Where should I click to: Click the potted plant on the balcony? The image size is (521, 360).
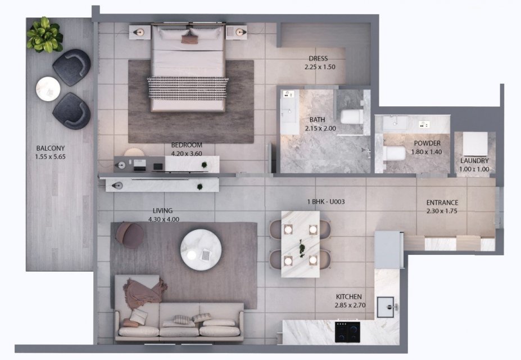[x=44, y=35]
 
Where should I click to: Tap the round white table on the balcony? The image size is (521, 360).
[x=48, y=89]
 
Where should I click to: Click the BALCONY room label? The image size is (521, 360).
[x=51, y=148]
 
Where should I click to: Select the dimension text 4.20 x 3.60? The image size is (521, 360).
[x=187, y=154]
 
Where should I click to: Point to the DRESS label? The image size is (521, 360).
[x=318, y=58]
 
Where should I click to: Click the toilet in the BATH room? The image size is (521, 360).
[x=351, y=117]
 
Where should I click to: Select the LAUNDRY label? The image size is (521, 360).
[x=474, y=160]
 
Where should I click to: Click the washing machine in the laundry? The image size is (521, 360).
[x=475, y=143]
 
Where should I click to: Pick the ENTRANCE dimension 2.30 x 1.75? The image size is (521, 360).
[x=442, y=211]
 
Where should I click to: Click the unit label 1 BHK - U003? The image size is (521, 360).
[x=326, y=201]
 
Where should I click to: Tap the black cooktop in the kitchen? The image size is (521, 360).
[x=347, y=332]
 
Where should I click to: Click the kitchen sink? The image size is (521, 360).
[x=386, y=307]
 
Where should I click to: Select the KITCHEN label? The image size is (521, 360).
[x=349, y=296]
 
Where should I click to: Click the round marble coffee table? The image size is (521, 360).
[x=201, y=250]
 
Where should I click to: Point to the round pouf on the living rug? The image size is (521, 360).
[x=130, y=235]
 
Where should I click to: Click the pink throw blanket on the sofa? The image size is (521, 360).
[x=144, y=291]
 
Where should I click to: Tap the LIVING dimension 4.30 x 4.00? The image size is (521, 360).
[x=164, y=219]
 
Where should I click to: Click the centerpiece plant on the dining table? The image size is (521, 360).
[x=302, y=248]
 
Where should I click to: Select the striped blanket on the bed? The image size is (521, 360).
[x=188, y=88]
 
